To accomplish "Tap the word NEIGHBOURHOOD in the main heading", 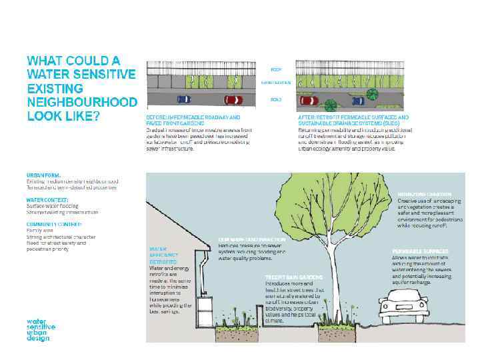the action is pos(82,102).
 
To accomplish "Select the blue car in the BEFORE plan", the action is pos(183,99).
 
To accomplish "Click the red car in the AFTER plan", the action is pos(309,101).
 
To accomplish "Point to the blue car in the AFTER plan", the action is pos(358,101).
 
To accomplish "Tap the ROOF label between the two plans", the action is pos(275,69).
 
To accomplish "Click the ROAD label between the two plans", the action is pos(275,99).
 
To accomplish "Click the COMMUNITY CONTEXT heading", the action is pos(54,224).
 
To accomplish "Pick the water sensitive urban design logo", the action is pos(41,330).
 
